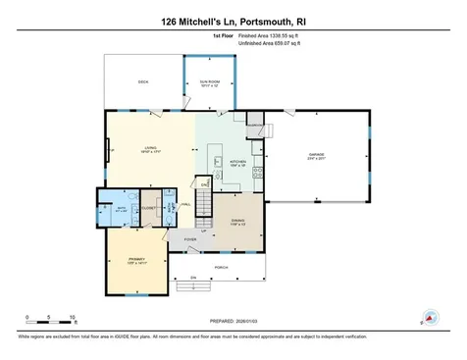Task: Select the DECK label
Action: [143, 81]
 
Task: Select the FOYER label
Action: [189, 238]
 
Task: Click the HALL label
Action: [185, 205]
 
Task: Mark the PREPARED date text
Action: [233, 321]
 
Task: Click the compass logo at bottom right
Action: [428, 318]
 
